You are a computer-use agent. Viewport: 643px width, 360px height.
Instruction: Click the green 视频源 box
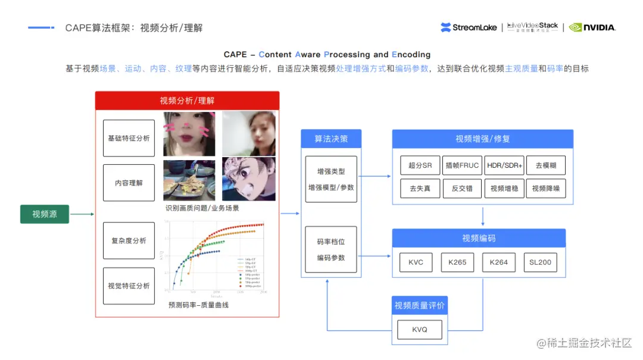(x=45, y=214)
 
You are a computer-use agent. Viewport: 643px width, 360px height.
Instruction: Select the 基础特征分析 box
(x=129, y=138)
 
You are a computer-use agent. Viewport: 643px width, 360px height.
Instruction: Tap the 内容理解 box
(x=129, y=183)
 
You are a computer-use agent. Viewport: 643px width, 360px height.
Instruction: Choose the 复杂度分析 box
(x=129, y=241)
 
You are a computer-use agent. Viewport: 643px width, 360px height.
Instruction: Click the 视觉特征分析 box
(x=129, y=286)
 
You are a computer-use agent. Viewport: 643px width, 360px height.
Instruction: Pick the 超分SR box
(x=420, y=165)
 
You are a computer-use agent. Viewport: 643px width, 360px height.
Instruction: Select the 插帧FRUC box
(x=462, y=165)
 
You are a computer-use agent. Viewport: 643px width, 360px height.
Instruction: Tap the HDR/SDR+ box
(x=504, y=165)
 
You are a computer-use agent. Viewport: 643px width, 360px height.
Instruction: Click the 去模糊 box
(x=545, y=165)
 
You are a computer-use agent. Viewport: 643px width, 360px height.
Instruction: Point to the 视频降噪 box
(x=545, y=189)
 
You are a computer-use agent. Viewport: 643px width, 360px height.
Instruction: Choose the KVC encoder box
(x=416, y=262)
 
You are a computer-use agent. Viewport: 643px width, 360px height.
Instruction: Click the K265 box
(x=457, y=262)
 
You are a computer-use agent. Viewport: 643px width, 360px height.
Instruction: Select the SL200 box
(x=541, y=262)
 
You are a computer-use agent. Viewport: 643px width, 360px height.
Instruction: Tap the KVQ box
(x=420, y=330)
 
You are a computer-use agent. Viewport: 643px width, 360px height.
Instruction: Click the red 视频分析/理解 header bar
(x=187, y=101)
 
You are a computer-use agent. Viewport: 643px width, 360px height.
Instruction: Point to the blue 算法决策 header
(x=331, y=139)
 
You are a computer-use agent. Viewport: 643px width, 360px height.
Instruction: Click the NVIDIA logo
(x=592, y=27)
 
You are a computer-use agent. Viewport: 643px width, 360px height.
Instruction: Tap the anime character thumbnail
(x=248, y=179)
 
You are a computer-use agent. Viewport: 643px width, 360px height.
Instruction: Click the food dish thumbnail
(x=189, y=180)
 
